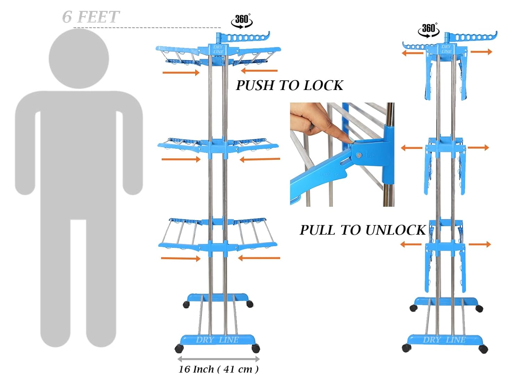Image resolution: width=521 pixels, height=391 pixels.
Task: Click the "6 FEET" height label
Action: click(x=91, y=17)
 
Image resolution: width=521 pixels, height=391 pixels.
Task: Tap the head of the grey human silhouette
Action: click(x=79, y=58)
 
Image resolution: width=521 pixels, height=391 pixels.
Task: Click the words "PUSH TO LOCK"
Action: click(x=289, y=85)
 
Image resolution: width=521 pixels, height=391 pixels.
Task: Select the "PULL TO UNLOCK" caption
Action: click(x=362, y=230)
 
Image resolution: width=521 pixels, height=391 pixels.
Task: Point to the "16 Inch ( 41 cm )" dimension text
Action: click(x=218, y=369)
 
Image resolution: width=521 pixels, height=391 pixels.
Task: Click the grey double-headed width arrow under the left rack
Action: click(x=218, y=359)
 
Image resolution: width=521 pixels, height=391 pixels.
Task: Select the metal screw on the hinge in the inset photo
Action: click(x=359, y=155)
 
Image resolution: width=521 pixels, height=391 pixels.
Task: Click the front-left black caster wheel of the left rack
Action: click(x=179, y=348)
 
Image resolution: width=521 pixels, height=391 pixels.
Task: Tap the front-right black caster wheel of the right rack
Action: click(x=483, y=349)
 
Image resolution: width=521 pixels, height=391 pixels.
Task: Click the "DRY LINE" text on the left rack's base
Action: click(x=217, y=340)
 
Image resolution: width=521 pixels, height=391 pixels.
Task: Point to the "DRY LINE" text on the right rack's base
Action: click(x=444, y=340)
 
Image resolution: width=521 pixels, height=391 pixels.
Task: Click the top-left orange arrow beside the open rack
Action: click(x=181, y=72)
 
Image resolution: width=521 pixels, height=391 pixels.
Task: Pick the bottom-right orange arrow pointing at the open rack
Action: click(x=259, y=258)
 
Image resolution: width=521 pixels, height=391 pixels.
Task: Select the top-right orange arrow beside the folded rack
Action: click(x=481, y=52)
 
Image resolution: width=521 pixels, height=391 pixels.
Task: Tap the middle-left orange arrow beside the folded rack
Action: click(x=412, y=148)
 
